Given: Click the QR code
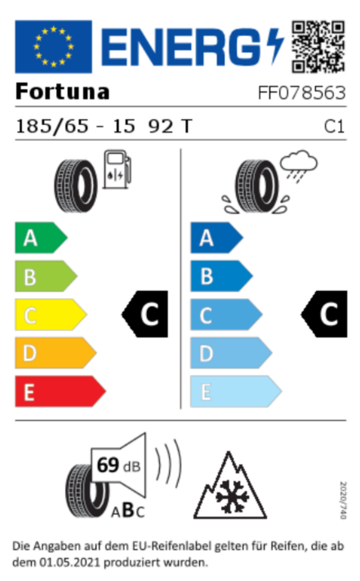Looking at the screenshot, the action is (318, 47).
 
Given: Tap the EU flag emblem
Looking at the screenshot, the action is (53, 47).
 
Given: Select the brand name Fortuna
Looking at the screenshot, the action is (62, 91).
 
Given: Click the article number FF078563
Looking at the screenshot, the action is (301, 93).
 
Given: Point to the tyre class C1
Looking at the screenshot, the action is (334, 126).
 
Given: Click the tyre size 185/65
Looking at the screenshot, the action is (52, 126).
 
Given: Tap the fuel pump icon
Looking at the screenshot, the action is (117, 169).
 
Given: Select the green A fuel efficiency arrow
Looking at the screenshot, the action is (41, 238).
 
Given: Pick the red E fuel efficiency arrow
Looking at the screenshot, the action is (60, 392).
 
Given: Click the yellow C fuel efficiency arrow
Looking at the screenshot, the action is (50, 315).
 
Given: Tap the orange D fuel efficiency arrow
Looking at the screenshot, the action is (55, 353).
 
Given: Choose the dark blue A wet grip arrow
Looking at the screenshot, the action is (217, 238).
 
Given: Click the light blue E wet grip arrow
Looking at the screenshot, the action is (236, 392).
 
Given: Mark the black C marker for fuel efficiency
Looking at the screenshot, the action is (145, 314).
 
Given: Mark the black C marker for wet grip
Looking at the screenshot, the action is (324, 314).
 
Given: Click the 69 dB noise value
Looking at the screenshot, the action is (119, 465).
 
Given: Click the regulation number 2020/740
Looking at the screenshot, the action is (343, 501).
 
